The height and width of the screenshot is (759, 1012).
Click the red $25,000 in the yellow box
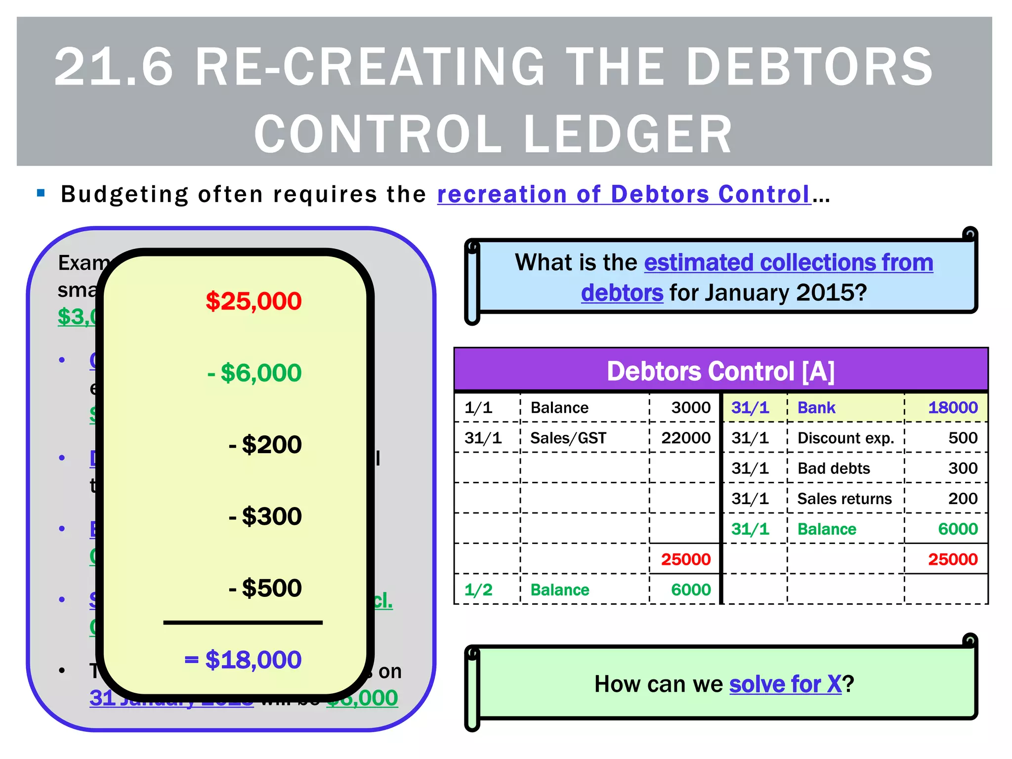click(253, 301)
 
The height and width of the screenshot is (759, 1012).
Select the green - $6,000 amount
click(254, 373)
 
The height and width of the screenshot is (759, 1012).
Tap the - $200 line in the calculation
click(265, 444)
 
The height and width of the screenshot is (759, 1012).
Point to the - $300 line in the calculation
click(265, 516)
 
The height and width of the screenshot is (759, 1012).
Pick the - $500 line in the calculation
click(265, 588)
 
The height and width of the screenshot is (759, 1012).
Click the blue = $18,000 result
click(243, 659)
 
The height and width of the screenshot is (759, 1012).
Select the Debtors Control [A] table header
click(720, 371)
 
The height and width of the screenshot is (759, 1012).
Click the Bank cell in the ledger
click(816, 408)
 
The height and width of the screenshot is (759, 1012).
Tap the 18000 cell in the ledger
click(953, 408)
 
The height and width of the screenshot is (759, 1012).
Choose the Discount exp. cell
click(845, 438)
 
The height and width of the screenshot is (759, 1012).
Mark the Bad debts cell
click(834, 468)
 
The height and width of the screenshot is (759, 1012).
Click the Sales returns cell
click(844, 499)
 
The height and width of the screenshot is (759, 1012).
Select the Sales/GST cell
click(568, 438)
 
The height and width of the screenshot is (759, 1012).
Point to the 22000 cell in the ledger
click(686, 438)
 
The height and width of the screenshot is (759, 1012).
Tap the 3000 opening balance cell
click(691, 408)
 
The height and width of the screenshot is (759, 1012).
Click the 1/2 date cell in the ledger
click(478, 590)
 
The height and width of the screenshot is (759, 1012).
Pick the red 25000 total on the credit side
click(953, 559)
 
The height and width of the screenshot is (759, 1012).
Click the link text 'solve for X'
click(785, 684)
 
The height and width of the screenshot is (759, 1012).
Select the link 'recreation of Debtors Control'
click(624, 194)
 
